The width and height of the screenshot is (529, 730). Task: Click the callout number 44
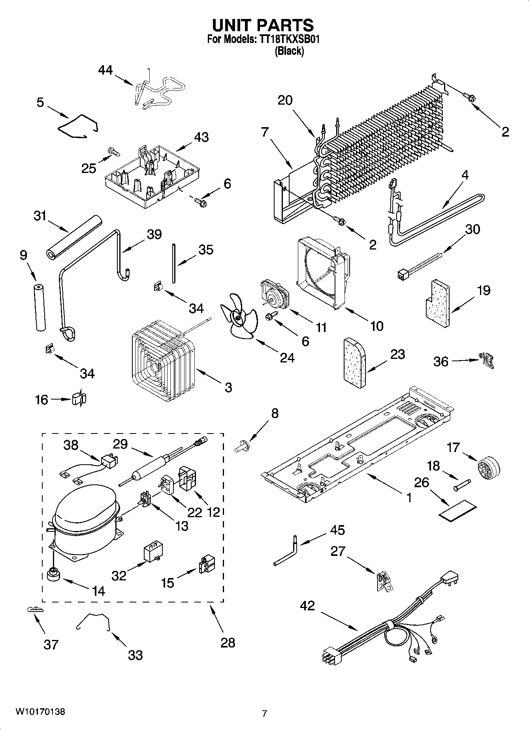(105, 70)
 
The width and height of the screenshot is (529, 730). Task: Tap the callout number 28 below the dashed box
(228, 643)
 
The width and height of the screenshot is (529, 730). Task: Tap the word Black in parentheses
(289, 51)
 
